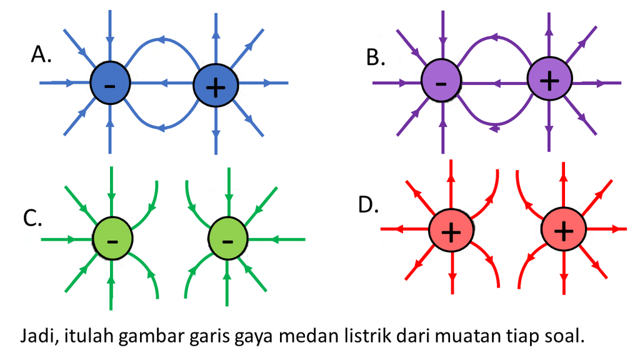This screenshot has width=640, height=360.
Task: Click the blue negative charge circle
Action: (110, 83)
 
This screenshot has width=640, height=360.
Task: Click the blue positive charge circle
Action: (216, 85)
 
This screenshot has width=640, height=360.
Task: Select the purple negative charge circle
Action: (441, 80)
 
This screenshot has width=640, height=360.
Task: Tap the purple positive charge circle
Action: (549, 79)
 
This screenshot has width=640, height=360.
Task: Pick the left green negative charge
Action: (112, 238)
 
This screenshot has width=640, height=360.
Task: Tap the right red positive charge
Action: (564, 229)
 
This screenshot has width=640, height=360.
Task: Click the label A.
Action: (41, 54)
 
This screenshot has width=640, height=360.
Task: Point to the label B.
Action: (376, 57)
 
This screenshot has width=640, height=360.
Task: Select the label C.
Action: (32, 218)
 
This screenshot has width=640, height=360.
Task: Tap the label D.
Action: (368, 204)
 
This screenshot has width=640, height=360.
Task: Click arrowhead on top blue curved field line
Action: (161, 39)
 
